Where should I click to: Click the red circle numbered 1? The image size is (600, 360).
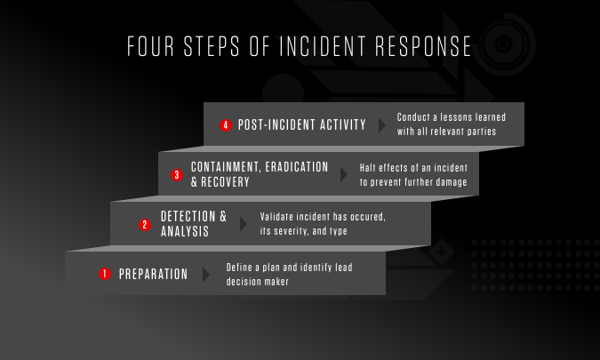[105, 274]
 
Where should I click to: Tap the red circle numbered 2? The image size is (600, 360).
[145, 225]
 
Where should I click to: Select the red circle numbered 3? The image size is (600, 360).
[177, 175]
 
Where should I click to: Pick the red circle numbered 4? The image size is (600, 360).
[226, 125]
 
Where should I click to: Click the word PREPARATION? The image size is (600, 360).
[154, 275]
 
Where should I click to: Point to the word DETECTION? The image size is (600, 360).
[188, 217]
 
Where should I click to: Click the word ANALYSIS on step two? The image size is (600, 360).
[185, 231]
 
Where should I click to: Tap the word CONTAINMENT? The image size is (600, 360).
[226, 167]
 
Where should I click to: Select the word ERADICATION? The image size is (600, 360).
[297, 167]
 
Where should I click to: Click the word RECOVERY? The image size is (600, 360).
[226, 182]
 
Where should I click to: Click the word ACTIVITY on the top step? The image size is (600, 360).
[343, 124]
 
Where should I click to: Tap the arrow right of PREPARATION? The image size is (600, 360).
[206, 275]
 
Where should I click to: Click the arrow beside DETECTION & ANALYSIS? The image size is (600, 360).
[244, 224]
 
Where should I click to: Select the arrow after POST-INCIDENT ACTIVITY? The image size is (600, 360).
[382, 125]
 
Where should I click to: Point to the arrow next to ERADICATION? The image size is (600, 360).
[344, 174]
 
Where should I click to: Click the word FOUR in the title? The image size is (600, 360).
[150, 46]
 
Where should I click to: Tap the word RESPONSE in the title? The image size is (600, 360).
[423, 46]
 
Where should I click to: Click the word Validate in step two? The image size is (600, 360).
[276, 217]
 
